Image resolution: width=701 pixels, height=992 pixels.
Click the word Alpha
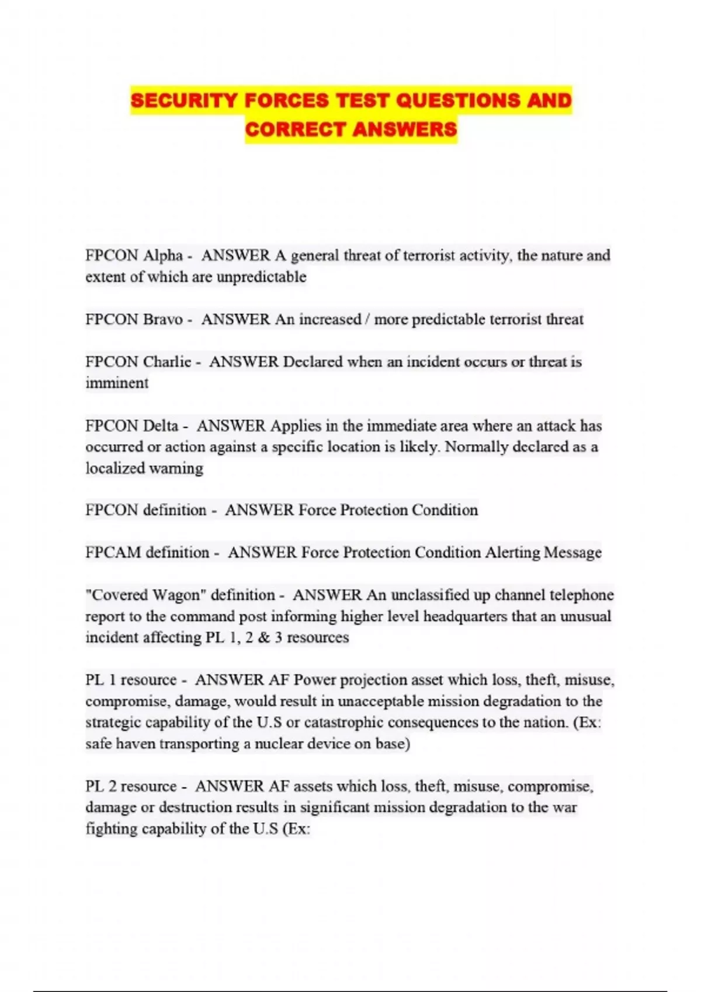(x=163, y=256)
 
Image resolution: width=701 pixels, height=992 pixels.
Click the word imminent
(x=117, y=383)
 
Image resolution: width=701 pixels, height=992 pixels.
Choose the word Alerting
(x=512, y=552)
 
